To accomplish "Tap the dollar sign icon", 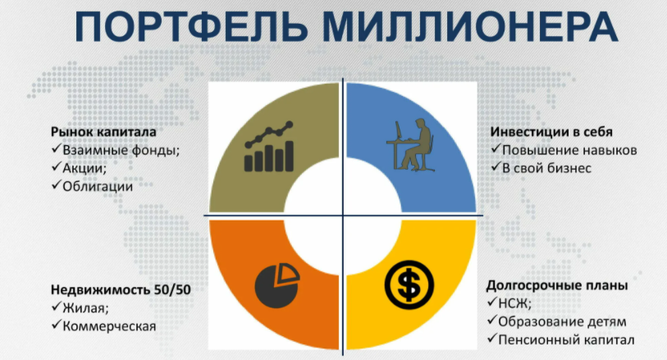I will tap(406, 283).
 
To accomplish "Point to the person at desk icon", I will tap(409, 145).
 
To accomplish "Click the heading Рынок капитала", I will tap(103, 131).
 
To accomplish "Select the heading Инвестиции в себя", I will tap(551, 131).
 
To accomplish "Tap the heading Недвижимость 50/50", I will tap(116, 290).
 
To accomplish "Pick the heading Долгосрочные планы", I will tap(557, 285).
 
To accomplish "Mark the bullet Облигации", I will tap(98, 185).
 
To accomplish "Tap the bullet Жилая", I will tap(85, 308).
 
